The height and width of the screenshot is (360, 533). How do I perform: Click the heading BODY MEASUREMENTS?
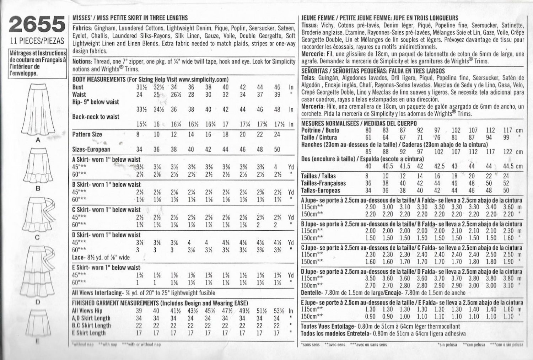[x=99, y=80]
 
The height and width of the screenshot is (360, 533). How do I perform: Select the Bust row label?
[x=78, y=87]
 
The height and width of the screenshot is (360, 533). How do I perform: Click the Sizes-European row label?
[x=91, y=150]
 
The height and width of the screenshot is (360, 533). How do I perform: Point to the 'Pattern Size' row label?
[x=87, y=134]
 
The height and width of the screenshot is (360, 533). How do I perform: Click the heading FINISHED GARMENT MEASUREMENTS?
[x=115, y=303]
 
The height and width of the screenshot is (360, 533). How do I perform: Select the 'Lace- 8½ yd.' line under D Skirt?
[x=101, y=257]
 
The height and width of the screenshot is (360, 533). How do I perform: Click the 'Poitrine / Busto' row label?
[x=320, y=130]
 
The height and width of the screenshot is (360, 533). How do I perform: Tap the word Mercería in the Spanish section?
[x=312, y=107]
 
